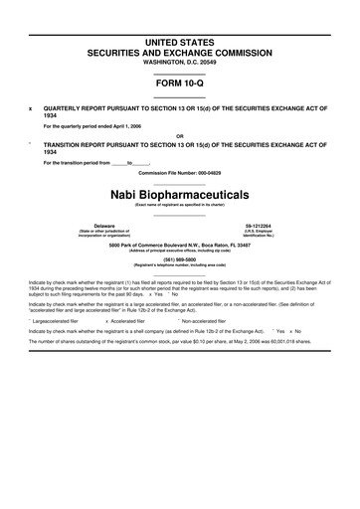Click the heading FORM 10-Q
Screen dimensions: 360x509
pyautogui.click(x=179, y=84)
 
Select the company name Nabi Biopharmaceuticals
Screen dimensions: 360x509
pyautogui.click(x=180, y=192)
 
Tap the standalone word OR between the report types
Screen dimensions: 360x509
pyautogui.click(x=179, y=136)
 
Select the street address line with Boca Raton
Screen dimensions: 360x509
pyautogui.click(x=179, y=244)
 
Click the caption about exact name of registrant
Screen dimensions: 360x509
pyautogui.click(x=179, y=204)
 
